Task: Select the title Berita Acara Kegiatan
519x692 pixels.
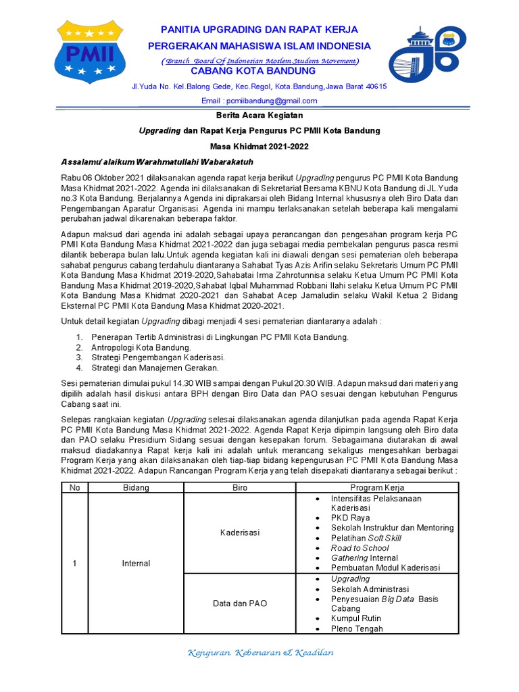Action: coord(259,115)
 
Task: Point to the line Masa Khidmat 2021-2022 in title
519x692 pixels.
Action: coord(259,146)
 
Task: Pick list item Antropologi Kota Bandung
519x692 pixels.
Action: coord(133,347)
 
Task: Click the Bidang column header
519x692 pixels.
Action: coord(135,487)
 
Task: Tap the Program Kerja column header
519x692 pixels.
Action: coord(377,487)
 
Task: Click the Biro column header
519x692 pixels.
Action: coord(240,487)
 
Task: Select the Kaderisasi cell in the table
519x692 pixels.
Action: coord(240,533)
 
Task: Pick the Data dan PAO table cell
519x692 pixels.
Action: coord(240,603)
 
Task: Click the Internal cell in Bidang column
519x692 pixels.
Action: coord(135,564)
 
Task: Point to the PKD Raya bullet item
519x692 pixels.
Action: coord(350,518)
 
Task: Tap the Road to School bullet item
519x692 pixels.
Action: coord(360,548)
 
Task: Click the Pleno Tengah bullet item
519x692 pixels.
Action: coord(357,628)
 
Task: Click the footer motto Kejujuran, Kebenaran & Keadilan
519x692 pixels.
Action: coord(259,653)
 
